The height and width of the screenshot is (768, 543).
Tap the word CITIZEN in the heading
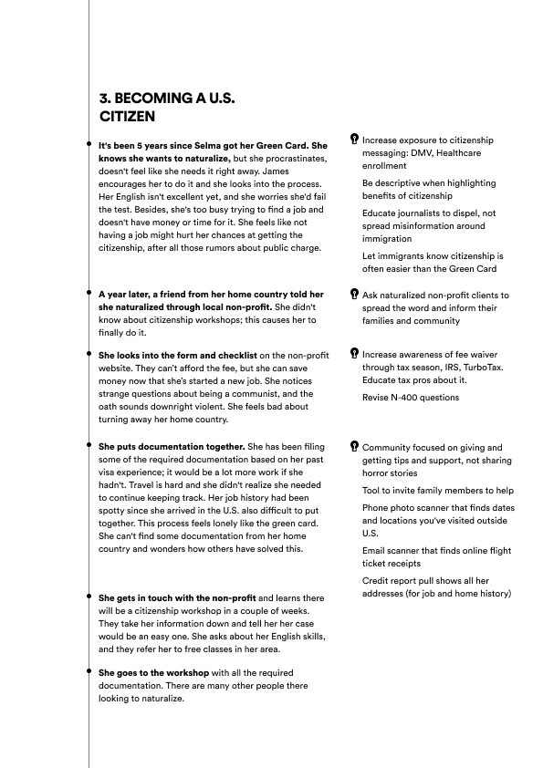click(x=127, y=116)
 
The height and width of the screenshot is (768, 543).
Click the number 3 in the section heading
click(x=103, y=99)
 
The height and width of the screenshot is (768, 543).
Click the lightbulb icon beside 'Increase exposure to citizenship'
click(x=354, y=140)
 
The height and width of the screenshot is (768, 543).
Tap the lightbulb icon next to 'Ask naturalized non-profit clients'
click(x=354, y=295)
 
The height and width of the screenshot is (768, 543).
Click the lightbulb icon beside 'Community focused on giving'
click(x=354, y=447)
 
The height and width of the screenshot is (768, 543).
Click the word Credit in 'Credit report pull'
click(x=377, y=581)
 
